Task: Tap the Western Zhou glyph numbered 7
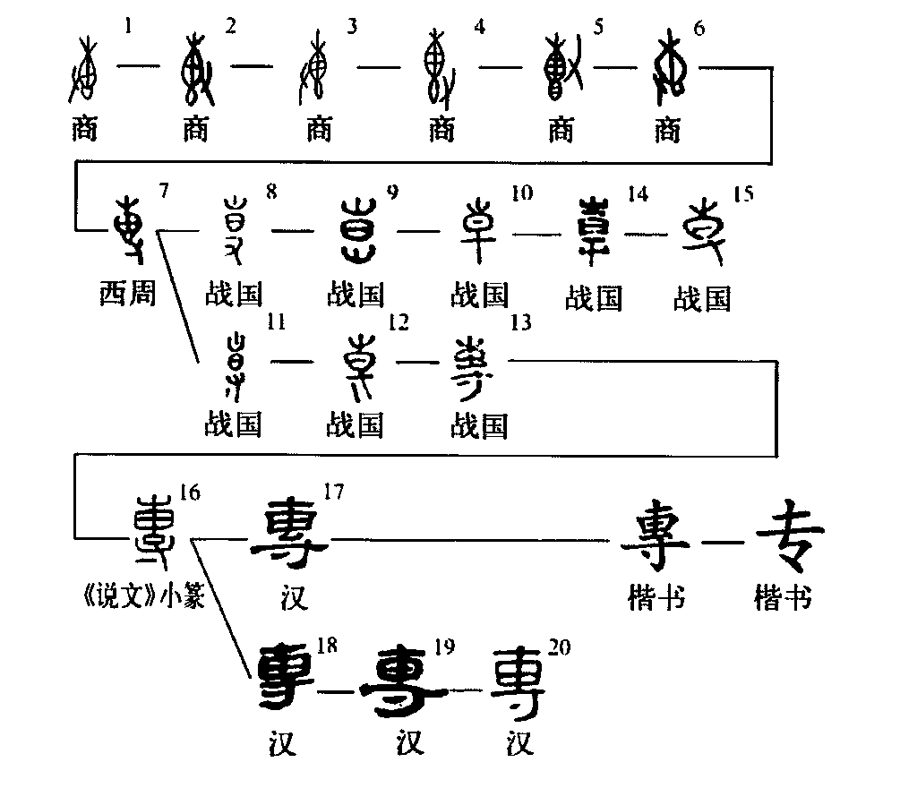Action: [x=132, y=232]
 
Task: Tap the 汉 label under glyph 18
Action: [x=282, y=741]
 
